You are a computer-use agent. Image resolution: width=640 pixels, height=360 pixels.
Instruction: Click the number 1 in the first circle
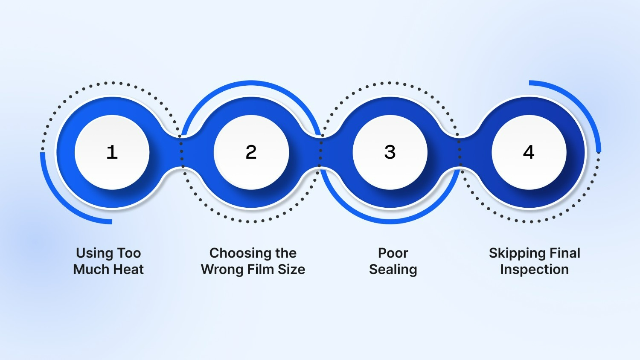click(x=112, y=152)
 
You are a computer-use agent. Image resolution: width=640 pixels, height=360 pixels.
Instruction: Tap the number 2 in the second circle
click(x=251, y=152)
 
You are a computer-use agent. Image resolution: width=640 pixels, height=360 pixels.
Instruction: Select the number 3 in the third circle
click(x=390, y=152)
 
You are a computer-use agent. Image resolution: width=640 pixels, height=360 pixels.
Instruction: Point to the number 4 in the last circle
click(x=529, y=152)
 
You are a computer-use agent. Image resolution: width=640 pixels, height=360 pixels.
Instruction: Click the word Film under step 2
click(x=261, y=270)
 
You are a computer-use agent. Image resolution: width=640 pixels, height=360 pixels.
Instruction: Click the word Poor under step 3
click(x=393, y=253)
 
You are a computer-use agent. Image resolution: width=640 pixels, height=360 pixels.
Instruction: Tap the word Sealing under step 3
click(x=393, y=270)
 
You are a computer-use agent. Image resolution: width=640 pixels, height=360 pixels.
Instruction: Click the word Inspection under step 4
click(x=534, y=270)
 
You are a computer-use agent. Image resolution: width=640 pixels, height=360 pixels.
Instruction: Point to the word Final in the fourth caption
click(x=565, y=253)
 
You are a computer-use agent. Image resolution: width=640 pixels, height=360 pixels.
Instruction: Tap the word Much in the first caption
click(x=89, y=270)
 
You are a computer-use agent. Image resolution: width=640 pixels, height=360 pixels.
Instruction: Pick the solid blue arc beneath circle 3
click(x=390, y=221)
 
